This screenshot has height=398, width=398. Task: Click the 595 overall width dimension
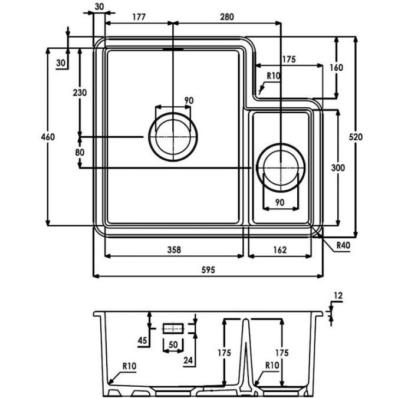point(209,269)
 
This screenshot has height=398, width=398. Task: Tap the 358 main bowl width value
point(173,249)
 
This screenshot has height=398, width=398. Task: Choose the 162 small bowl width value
point(279,249)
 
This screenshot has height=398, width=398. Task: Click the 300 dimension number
point(338,168)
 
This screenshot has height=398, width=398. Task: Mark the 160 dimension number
point(336,67)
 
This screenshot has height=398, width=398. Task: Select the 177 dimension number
point(139,17)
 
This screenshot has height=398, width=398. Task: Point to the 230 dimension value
point(80,93)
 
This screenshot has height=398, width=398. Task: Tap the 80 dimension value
point(80,152)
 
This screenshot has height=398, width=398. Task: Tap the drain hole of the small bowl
point(281,167)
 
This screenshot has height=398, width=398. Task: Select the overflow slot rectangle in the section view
point(173,328)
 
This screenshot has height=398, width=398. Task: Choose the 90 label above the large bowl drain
point(189,101)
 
